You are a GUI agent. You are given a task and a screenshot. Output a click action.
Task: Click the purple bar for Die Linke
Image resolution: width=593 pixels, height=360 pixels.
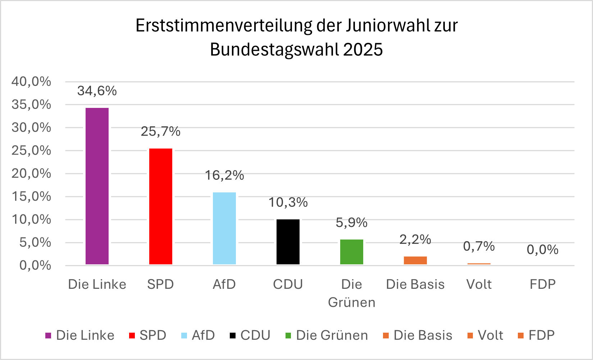point(97,186)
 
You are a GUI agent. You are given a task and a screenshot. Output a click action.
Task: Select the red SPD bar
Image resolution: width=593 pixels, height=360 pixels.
point(161,206)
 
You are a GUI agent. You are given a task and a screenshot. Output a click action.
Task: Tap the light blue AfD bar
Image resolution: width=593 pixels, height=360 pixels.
point(224,228)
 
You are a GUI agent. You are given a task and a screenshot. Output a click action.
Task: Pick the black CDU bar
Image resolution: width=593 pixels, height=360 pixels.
point(288,242)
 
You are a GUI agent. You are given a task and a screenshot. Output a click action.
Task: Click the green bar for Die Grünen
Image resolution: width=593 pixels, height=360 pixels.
point(352,252)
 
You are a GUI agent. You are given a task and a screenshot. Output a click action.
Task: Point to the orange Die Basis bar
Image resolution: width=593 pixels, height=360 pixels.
point(415,260)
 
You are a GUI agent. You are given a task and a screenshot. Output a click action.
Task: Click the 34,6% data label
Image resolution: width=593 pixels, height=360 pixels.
point(97,91)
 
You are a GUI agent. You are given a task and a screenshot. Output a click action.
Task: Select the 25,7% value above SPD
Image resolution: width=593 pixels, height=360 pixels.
point(161,132)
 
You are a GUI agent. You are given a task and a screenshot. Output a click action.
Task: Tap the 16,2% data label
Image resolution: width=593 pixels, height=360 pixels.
point(224,176)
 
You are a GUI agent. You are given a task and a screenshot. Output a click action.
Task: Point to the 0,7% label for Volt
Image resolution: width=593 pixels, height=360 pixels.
point(479,246)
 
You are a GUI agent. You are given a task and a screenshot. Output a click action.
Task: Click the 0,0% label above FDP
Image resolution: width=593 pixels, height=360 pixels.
point(543,250)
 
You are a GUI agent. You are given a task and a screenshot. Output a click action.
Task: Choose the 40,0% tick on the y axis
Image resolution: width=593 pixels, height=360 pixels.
point(31,82)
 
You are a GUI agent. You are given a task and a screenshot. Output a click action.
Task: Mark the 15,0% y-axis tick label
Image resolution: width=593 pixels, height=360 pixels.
point(31,196)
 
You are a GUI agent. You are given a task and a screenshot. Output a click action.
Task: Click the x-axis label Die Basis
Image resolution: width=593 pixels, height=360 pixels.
point(415,284)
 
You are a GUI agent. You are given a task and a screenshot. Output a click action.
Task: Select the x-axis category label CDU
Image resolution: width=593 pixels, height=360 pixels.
point(288,284)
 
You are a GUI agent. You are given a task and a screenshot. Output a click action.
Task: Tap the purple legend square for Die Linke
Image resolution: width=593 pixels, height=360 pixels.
point(48,336)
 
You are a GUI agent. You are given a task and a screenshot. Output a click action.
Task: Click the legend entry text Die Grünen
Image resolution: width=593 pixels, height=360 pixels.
point(332,336)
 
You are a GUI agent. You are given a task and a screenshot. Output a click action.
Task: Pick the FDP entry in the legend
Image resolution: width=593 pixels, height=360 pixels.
point(542,336)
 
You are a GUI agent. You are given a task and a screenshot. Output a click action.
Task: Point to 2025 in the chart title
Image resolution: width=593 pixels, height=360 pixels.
point(363,50)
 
